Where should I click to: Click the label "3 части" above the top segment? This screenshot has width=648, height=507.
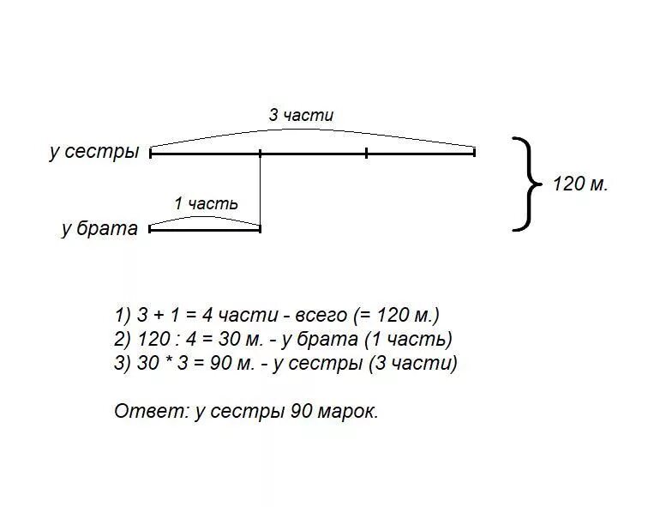(301, 115)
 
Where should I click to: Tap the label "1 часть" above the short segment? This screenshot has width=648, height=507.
(206, 203)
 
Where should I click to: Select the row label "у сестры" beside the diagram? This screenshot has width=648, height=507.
(94, 152)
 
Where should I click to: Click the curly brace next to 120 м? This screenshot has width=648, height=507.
(528, 184)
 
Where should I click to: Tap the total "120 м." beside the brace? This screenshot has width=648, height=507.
(579, 184)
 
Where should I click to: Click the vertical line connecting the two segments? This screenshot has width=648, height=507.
(260, 190)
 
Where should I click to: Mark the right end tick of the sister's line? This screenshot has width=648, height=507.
(474, 153)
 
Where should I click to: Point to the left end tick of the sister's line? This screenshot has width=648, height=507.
(151, 153)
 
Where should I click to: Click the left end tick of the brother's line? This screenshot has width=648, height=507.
(151, 228)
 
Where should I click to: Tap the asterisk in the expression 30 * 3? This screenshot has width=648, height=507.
(169, 363)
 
